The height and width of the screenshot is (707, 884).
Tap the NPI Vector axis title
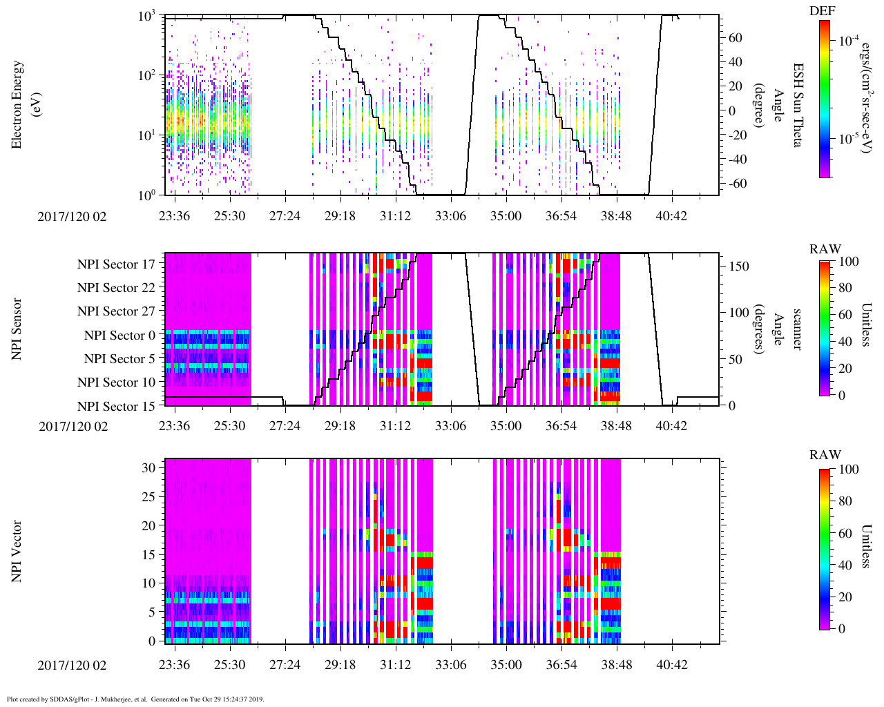click(17, 552)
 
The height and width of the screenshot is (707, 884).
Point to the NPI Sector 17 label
click(116, 264)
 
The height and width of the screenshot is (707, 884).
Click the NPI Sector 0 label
click(119, 336)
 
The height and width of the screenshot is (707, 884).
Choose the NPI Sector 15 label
click(116, 406)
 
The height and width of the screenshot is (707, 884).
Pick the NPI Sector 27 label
click(116, 311)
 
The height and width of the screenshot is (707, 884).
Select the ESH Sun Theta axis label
click(798, 104)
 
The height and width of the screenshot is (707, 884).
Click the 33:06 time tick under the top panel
click(450, 216)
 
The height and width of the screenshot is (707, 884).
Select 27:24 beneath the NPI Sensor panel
click(285, 426)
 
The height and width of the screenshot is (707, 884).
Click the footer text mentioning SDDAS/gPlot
click(135, 699)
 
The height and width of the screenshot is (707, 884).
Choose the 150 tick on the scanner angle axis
click(739, 267)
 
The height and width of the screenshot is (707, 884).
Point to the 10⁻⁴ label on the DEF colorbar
click(849, 40)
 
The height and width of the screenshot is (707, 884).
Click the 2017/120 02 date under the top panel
click(73, 216)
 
